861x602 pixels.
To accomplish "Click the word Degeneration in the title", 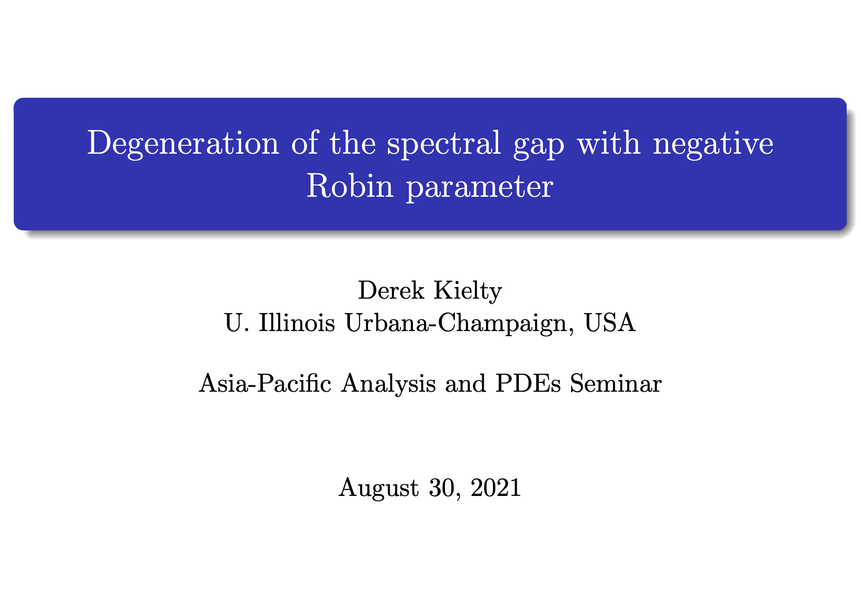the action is tap(183, 144).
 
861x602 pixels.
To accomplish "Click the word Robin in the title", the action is tap(350, 187).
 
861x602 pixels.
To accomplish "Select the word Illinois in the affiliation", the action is tap(297, 322).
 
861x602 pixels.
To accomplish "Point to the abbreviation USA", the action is tap(611, 323).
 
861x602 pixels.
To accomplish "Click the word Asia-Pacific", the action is tap(265, 383).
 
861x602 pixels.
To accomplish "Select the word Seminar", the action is tap(616, 383).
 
